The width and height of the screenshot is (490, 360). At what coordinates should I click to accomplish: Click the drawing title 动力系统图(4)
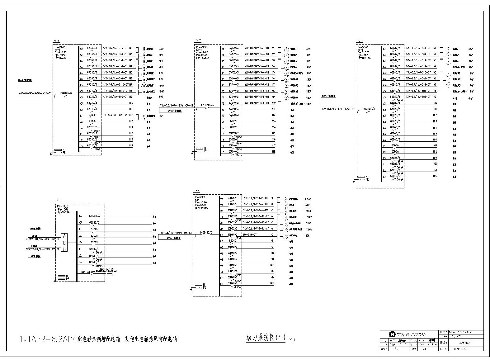tap(266, 338)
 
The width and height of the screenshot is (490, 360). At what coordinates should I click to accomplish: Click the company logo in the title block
tap(391, 334)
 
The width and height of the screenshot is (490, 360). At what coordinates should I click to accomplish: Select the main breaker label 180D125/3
tap(65, 93)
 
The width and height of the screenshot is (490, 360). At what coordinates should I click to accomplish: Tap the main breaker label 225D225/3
tap(207, 106)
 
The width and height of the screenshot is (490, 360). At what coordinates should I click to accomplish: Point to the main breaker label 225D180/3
tap(369, 109)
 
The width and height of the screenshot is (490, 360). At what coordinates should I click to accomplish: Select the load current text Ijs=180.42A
tap(202, 58)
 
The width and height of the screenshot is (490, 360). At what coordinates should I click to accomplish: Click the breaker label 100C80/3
tap(94, 216)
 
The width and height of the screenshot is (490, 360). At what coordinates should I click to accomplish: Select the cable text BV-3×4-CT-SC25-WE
tap(115, 115)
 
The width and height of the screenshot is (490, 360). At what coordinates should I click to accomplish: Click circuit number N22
tap(435, 176)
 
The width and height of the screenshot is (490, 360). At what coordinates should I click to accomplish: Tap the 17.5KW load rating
tap(309, 230)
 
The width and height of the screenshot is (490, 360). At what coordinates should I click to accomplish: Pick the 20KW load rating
tap(308, 223)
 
